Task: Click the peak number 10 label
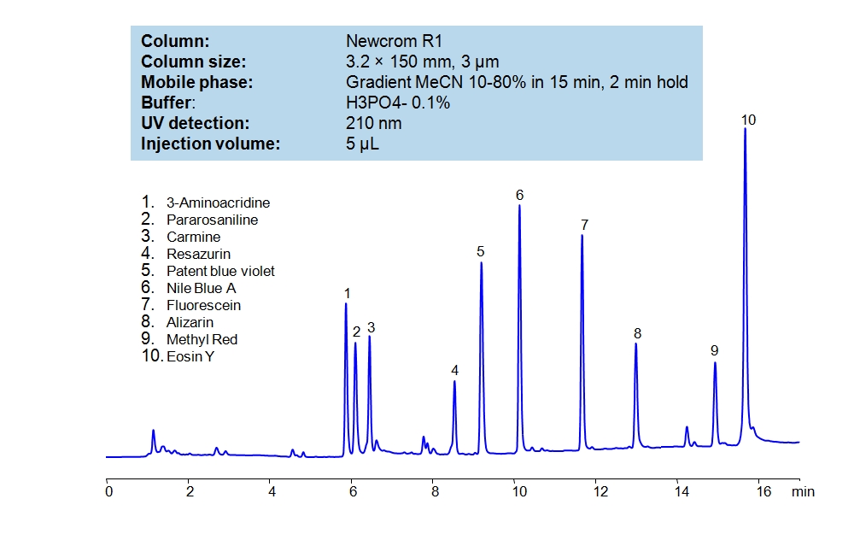point(748,120)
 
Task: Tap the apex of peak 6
point(519,206)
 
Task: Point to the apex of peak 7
point(582,235)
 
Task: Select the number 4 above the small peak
point(455,370)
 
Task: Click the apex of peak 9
point(715,363)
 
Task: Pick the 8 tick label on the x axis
point(434,491)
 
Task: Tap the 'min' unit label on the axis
point(802,491)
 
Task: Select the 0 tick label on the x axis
point(108,491)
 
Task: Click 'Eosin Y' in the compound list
point(190,356)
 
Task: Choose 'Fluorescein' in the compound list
point(203,305)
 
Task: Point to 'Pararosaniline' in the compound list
point(212,220)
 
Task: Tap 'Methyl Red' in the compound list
point(202,339)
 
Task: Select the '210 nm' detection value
point(373,123)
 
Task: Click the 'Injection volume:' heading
point(210,144)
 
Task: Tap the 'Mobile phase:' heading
point(196,82)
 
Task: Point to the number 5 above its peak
point(481,251)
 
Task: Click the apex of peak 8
point(636,343)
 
